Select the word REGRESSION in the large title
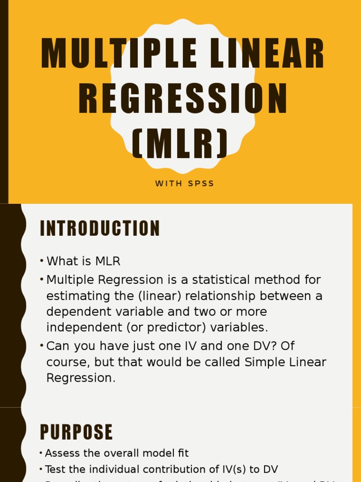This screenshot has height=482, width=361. pos(182,99)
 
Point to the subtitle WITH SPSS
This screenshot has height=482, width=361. pos(185,184)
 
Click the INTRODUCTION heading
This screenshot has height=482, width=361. pos(100,229)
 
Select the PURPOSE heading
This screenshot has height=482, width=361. pos(77,432)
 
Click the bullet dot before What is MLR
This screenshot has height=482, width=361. pos(42,261)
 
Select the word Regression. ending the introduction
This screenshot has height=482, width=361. pos(81,378)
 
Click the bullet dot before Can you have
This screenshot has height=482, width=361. pos(42,346)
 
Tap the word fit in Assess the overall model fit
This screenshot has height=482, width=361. pos(183,453)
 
